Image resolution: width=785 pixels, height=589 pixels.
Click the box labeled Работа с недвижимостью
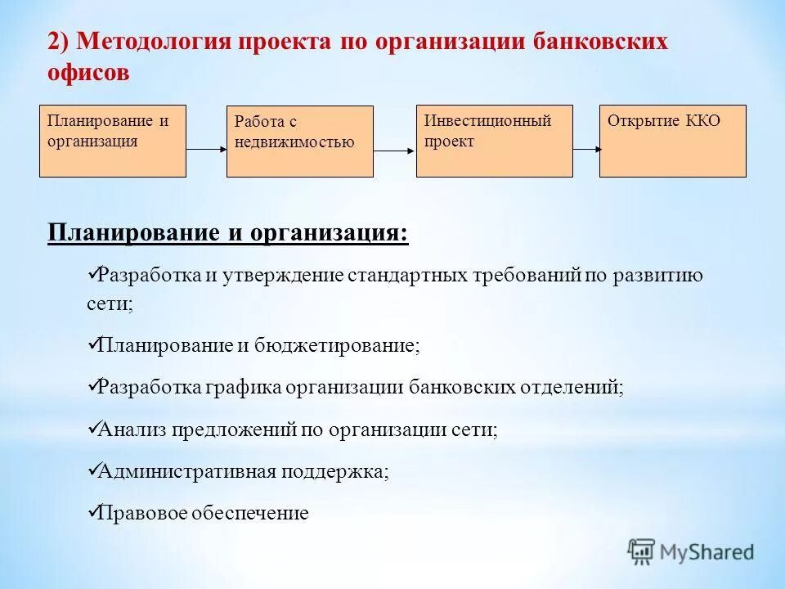click(x=299, y=142)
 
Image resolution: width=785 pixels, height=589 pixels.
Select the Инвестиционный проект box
click(x=494, y=141)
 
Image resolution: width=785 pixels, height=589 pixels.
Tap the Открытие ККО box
click(x=672, y=141)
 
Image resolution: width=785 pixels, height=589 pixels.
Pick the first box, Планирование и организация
click(x=113, y=141)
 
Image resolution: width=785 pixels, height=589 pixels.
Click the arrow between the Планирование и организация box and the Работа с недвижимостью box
click(x=206, y=150)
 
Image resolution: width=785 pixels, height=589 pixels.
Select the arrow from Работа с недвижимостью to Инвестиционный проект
click(x=395, y=151)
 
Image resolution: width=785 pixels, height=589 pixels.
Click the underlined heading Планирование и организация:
click(x=227, y=233)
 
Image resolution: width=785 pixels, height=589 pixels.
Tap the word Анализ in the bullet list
click(x=131, y=430)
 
